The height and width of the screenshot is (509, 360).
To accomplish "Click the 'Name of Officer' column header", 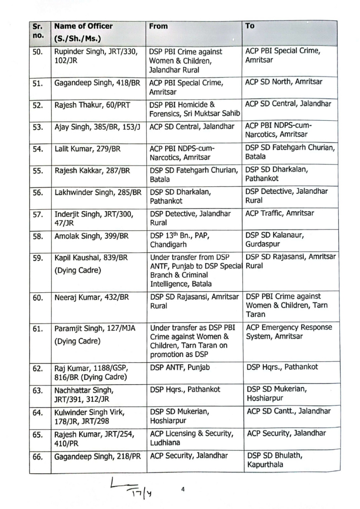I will (x=84, y=26).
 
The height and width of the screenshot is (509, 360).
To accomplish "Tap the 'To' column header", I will (x=250, y=26).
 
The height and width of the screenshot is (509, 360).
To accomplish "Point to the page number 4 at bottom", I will (x=183, y=490).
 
